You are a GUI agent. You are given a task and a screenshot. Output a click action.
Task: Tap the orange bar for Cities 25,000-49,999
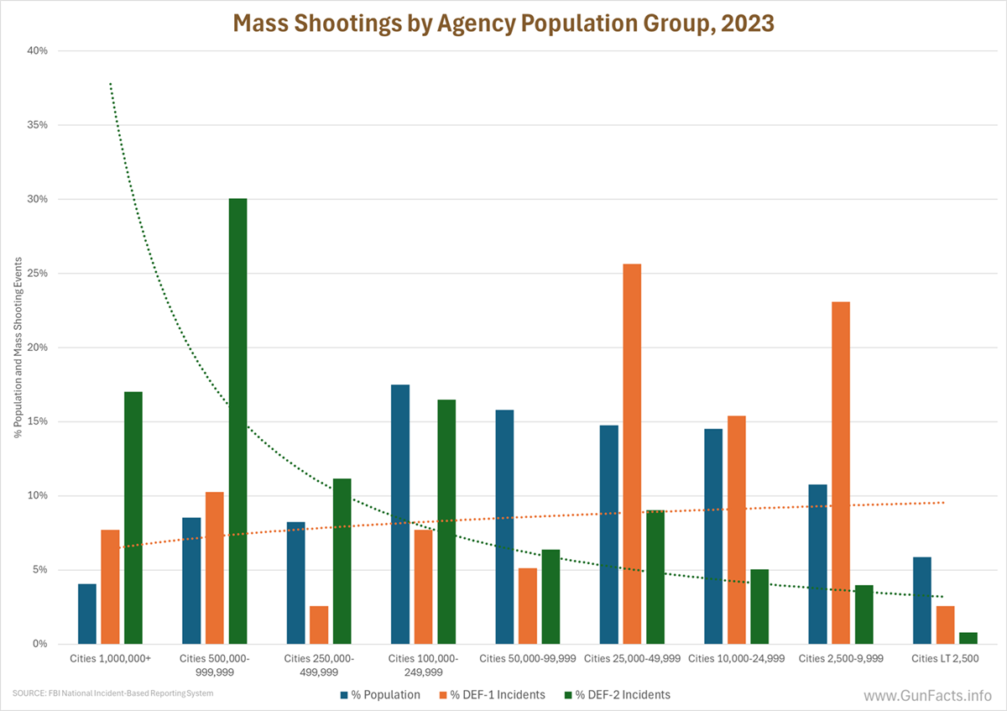tap(632, 454)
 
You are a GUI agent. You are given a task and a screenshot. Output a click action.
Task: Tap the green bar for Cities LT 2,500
tap(967, 638)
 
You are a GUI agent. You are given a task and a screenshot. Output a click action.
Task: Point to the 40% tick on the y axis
tap(37, 51)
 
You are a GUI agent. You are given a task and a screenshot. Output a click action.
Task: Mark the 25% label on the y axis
tap(37, 274)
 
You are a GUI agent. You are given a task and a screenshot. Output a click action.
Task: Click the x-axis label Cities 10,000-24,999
tap(736, 659)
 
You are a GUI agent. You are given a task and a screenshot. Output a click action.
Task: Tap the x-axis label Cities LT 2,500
tap(944, 659)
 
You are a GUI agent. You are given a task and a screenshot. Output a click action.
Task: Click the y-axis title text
tap(18, 348)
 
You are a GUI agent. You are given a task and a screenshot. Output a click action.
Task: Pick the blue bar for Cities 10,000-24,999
tap(713, 536)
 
